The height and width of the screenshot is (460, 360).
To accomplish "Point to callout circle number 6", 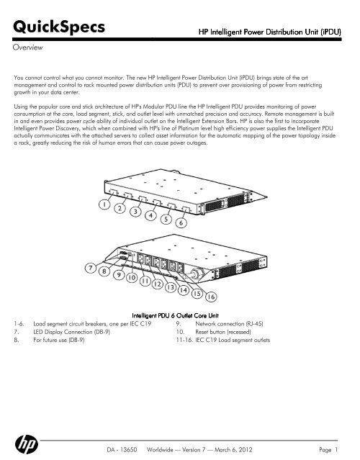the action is [x=181, y=223].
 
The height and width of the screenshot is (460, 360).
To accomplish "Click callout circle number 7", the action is [x=91, y=268].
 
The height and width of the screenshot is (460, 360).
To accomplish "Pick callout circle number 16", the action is [x=211, y=297].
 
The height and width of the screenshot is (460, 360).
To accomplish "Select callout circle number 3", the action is [x=135, y=212].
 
